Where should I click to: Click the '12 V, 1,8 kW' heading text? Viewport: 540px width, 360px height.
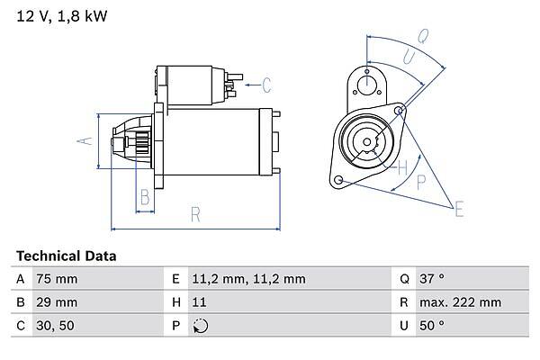tap(62, 16)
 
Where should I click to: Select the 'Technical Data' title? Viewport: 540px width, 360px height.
tap(66, 256)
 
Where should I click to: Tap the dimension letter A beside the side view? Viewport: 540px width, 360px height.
tap(85, 141)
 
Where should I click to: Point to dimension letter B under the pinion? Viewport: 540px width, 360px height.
tap(145, 197)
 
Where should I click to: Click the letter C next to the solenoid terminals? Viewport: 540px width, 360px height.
tap(266, 85)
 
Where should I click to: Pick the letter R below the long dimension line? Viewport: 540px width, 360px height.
tap(195, 214)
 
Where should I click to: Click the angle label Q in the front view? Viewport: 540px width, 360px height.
tap(423, 36)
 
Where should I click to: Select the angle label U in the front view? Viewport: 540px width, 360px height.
tap(409, 57)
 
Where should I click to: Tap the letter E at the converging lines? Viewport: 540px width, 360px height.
tap(459, 209)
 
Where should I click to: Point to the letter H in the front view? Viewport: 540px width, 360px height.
tap(402, 167)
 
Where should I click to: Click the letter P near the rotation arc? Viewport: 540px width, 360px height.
tap(421, 182)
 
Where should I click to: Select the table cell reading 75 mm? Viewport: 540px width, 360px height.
tap(57, 279)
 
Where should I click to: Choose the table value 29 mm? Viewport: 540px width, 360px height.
tap(57, 302)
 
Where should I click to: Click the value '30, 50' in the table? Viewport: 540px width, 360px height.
tap(55, 326)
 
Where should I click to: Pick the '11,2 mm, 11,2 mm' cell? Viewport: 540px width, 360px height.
tap(248, 279)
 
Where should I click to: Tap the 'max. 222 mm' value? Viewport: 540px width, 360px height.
tap(460, 302)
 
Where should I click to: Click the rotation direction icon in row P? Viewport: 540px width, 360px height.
tap(201, 326)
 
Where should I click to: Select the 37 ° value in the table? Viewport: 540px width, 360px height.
tap(432, 278)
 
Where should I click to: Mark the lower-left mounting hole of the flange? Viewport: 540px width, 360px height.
tap(339, 180)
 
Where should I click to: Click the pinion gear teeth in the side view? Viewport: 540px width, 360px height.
tap(142, 142)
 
